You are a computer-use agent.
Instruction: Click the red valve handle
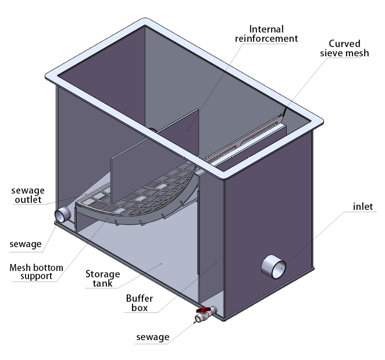click(204, 311)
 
